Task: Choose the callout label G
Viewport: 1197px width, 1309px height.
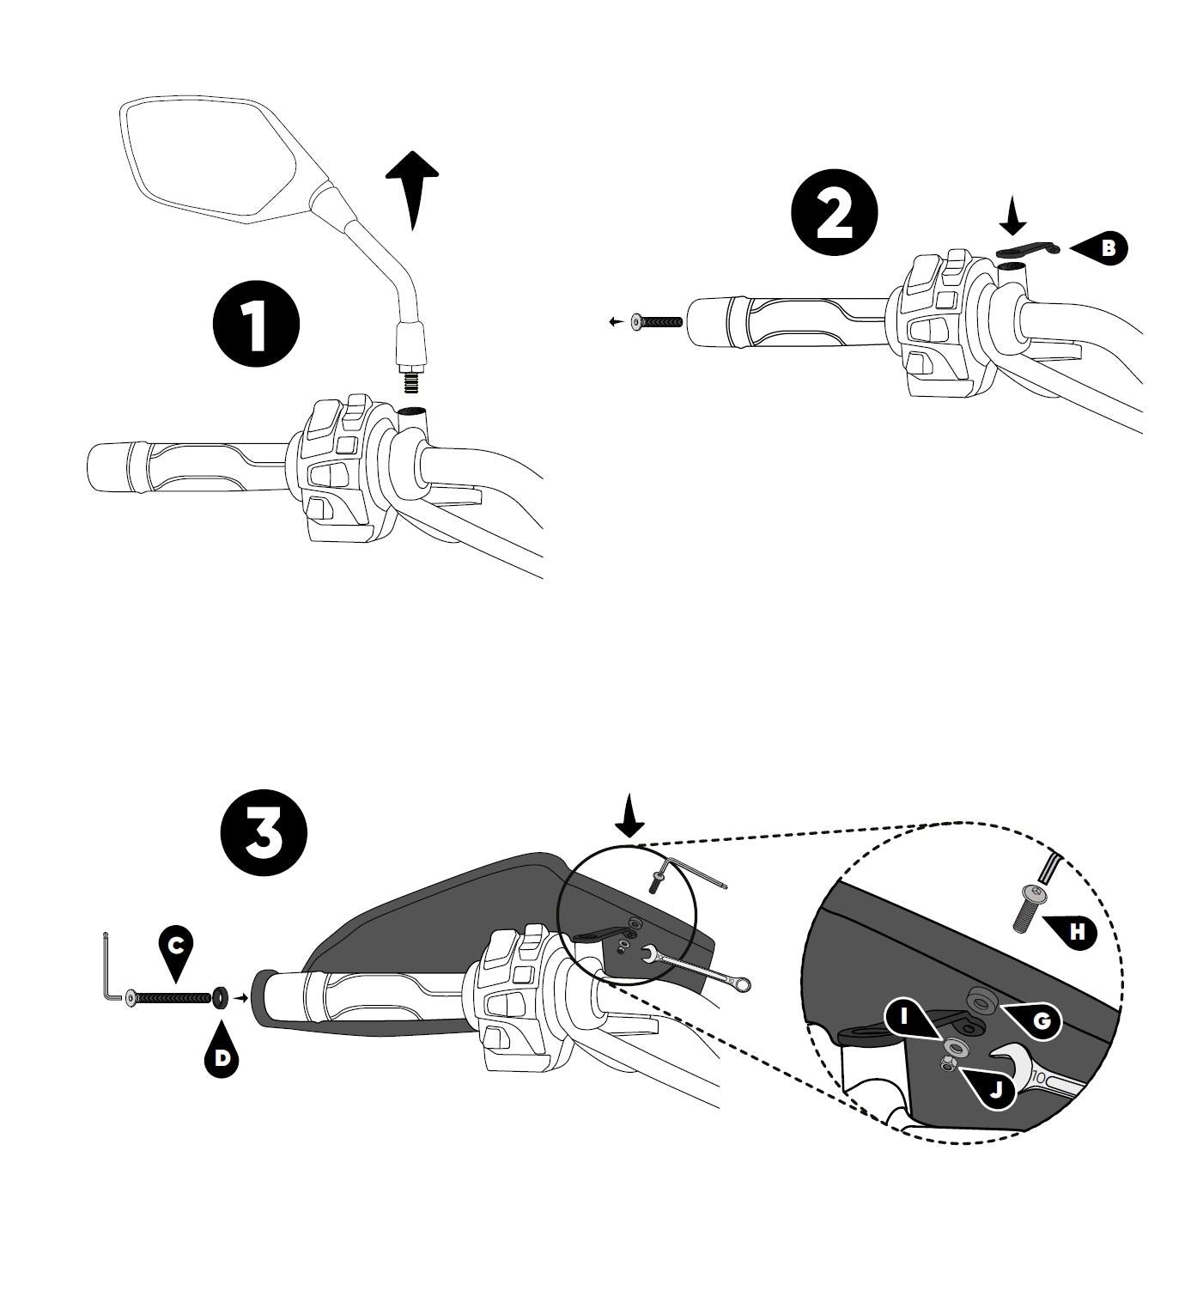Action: click(x=1041, y=1020)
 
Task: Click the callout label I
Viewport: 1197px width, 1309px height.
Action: click(x=905, y=1017)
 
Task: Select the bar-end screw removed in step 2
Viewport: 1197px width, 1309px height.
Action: click(x=657, y=321)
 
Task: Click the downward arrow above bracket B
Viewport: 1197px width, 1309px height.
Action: click(x=1013, y=214)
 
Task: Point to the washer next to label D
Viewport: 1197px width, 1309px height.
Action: click(x=219, y=997)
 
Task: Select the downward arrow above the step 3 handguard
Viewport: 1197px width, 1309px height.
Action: click(x=631, y=815)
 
